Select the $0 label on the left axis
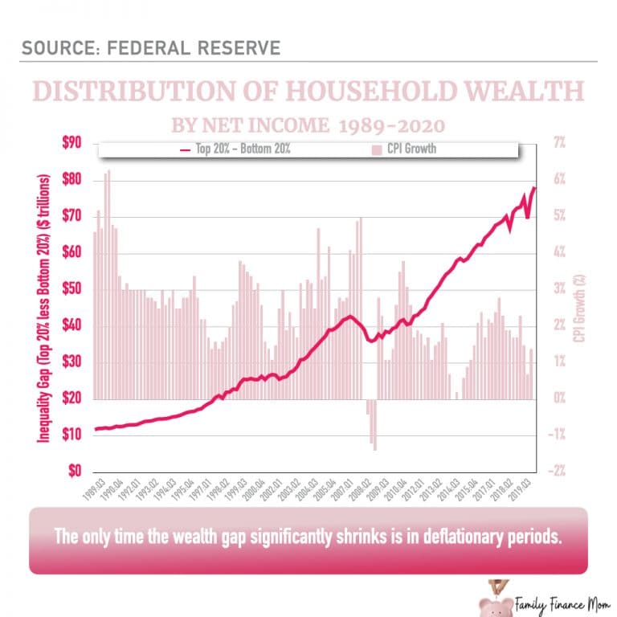pos(76,471)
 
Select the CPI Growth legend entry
pos(406,149)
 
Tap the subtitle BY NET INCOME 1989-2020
pos(308,126)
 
